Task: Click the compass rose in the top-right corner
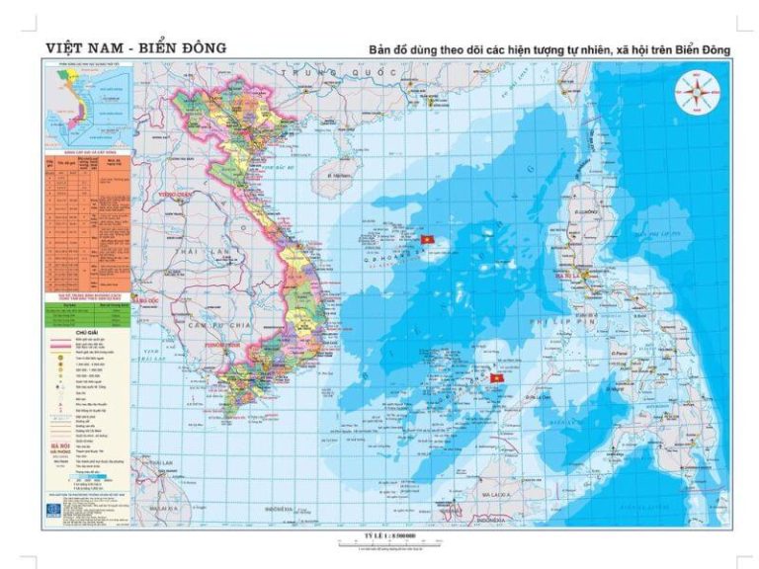(x=697, y=95)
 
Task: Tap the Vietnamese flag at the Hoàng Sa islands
(x=428, y=240)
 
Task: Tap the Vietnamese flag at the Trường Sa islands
(x=497, y=377)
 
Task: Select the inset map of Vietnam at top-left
(x=88, y=103)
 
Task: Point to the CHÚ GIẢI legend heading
(x=88, y=333)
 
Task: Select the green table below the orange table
(x=88, y=309)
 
